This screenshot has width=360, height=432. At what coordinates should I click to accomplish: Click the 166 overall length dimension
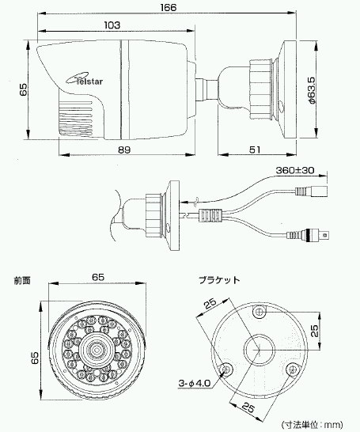(169, 7)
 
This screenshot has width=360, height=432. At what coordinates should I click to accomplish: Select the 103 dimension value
(112, 25)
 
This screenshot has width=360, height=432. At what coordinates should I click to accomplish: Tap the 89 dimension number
(124, 150)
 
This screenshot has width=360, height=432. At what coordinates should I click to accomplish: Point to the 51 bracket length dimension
(255, 150)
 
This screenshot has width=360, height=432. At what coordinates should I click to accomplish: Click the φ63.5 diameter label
(312, 90)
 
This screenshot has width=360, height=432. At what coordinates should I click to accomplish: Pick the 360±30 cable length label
(295, 170)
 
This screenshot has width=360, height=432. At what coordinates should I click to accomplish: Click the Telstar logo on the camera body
(85, 79)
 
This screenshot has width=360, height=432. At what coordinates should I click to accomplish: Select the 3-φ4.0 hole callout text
(195, 383)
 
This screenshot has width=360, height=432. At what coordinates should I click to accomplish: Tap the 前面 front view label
(22, 280)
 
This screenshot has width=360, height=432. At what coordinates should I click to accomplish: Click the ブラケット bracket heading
(219, 280)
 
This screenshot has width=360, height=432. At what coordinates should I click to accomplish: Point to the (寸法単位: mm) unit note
(312, 425)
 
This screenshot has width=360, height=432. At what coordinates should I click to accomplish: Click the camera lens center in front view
(97, 350)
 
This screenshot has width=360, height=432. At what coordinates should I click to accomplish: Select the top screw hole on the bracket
(260, 312)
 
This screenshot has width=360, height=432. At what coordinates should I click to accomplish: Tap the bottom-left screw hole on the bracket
(226, 369)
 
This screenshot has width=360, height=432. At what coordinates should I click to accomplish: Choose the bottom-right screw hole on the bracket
(292, 369)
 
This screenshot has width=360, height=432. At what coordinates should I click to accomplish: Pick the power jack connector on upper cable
(312, 191)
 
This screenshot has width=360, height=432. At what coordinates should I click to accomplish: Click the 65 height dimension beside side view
(24, 89)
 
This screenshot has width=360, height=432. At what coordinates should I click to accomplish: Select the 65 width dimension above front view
(98, 277)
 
